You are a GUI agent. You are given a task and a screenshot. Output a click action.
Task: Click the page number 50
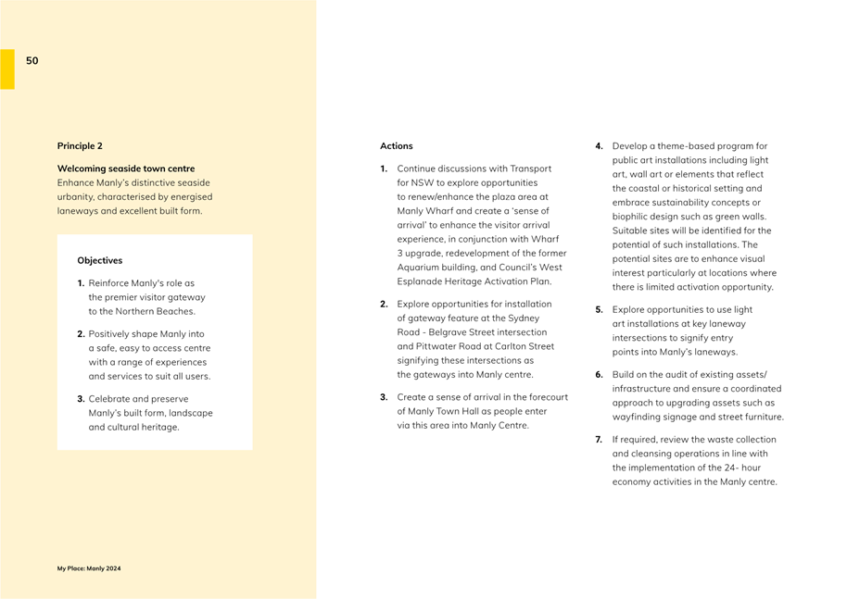pos(32,61)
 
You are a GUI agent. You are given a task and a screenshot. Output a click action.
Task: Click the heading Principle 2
pos(80,146)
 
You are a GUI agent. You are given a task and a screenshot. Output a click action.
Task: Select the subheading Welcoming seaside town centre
pos(126,168)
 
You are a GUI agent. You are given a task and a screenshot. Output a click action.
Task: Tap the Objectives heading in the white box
pos(99,261)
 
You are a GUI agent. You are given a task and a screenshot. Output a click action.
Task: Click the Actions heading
pos(396,146)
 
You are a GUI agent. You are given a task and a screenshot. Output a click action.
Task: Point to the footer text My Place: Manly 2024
pos(89,568)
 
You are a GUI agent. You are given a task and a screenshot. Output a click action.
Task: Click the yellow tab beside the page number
pos(6,69)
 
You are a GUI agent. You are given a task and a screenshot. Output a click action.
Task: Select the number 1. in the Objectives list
pos(82,283)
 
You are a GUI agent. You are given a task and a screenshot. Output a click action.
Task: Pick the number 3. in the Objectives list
pos(82,399)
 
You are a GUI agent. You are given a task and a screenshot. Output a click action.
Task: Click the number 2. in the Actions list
pos(384,304)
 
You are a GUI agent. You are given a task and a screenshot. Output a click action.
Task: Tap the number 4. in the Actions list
pos(599,146)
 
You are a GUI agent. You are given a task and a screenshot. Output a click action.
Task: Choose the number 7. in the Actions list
pos(599,440)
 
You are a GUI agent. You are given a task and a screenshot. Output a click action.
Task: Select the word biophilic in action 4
pos(632,217)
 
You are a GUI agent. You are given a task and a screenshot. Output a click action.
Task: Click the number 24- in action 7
pos(732,468)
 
